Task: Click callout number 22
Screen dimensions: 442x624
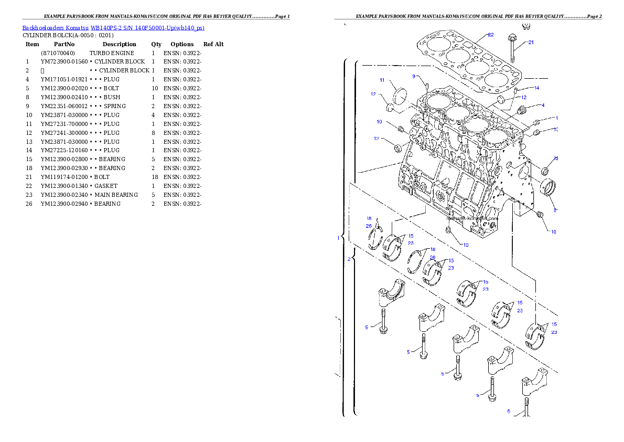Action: [x=490, y=35]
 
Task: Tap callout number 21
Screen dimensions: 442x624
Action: [x=531, y=43]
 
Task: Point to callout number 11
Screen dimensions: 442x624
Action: [x=382, y=80]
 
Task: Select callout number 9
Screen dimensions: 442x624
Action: [x=414, y=77]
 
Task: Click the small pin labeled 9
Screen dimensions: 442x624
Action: [x=427, y=86]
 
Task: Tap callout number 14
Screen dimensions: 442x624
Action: [x=536, y=88]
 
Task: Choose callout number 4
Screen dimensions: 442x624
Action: [x=543, y=106]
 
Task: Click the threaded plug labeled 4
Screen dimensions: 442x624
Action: [x=521, y=111]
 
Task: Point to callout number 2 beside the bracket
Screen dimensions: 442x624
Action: [x=349, y=259]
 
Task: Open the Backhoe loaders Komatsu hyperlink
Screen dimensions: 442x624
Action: [x=113, y=28]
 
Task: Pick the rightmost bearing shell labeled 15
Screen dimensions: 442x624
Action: [x=535, y=334]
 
